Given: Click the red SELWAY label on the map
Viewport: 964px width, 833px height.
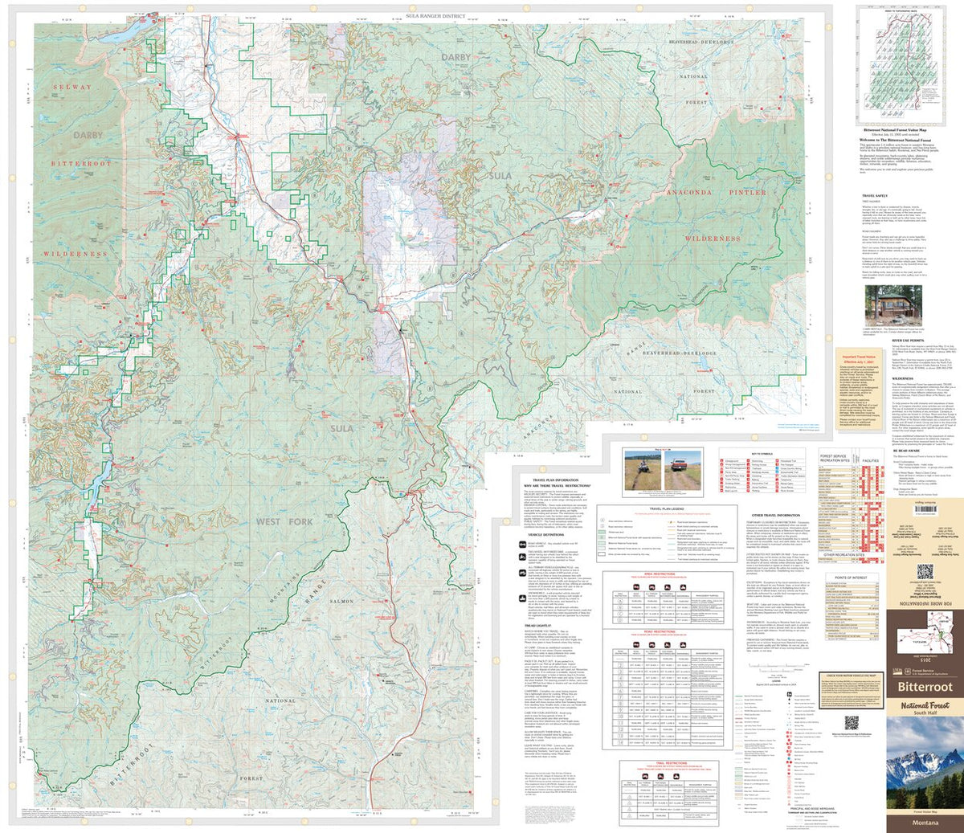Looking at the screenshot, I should click(x=72, y=87).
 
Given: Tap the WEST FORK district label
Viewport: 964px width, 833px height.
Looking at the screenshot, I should click(x=284, y=522).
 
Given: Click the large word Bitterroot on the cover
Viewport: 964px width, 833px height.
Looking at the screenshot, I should click(x=925, y=688).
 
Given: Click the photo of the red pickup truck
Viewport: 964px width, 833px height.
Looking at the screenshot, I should click(x=684, y=469).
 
